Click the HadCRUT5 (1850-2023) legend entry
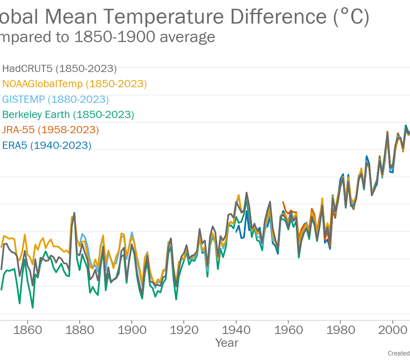tap(59, 69)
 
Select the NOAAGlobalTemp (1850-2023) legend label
tap(74, 84)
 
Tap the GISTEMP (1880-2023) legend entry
tap(55, 99)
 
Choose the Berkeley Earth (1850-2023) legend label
tap(68, 115)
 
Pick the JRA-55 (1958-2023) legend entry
tap(50, 130)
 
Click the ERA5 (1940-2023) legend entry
tap(46, 145)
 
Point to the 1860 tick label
tap(28, 330)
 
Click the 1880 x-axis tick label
tap(80, 330)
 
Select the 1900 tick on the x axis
tap(132, 330)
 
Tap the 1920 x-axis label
tap(184, 330)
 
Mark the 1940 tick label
tap(236, 330)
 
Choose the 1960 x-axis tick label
tap(288, 330)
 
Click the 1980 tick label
tap(340, 330)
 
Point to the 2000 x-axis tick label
tap(392, 330)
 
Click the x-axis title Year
tap(227, 343)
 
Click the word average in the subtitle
tap(187, 37)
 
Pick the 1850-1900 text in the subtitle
tap(115, 37)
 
